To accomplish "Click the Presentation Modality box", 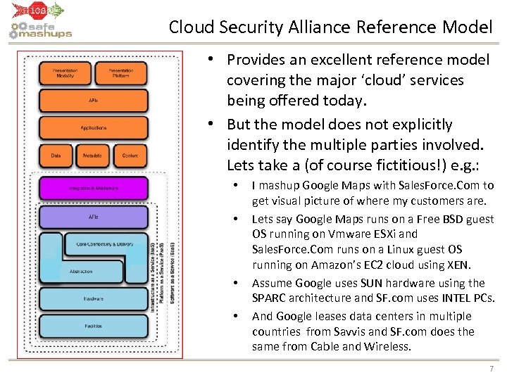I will [65, 73].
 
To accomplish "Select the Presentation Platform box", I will [121, 73].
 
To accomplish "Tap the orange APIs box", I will [94, 101].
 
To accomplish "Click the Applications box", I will [94, 128].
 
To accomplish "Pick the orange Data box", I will [56, 155].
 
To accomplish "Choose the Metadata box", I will [92, 155].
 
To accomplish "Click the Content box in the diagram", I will [130, 155].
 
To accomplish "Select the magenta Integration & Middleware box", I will [94, 188].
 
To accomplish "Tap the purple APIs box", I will [94, 217].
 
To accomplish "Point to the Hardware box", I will [94, 298].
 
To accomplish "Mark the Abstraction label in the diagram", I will [81, 271].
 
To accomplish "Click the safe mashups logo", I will [41, 30].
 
